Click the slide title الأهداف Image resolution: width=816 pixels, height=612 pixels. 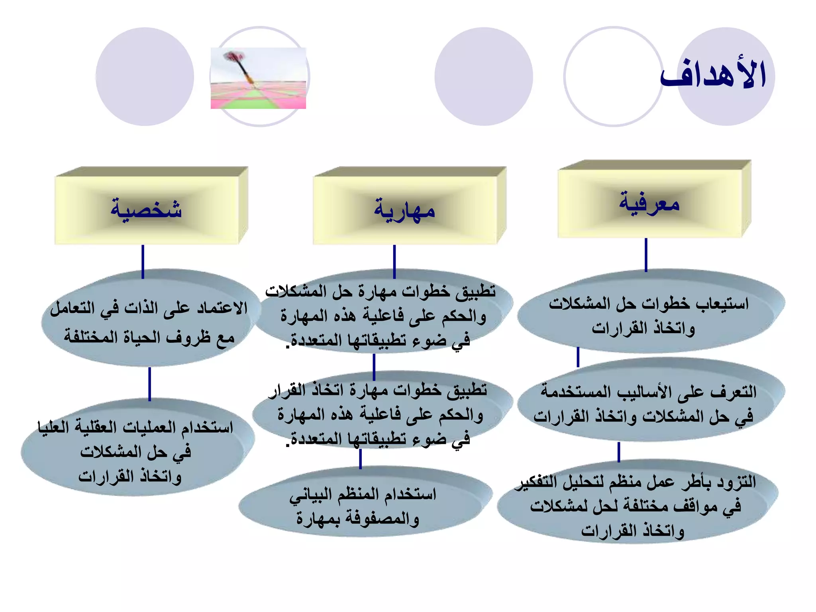point(713,75)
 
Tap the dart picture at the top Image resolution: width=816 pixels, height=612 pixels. point(258,78)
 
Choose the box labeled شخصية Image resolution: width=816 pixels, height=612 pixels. point(147,210)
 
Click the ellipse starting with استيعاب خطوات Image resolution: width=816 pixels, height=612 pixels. point(649,315)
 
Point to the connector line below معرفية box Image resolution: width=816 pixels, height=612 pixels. point(646,255)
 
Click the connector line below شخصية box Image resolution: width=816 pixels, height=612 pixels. point(143,261)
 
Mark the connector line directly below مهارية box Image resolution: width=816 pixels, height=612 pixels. point(394,261)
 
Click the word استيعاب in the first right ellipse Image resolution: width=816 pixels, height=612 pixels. point(723,304)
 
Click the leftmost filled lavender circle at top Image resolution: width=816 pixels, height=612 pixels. point(145,76)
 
